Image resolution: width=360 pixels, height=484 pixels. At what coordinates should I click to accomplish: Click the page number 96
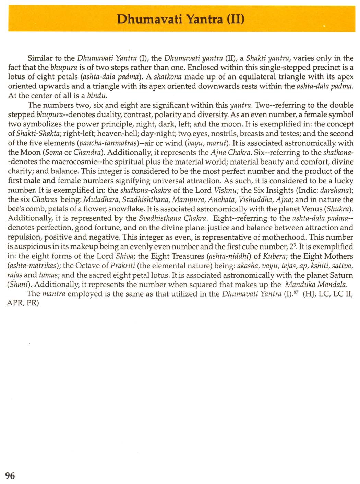[10, 475]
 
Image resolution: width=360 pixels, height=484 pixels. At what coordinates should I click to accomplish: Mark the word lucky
[344, 181]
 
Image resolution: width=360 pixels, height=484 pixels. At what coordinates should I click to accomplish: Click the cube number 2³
[293, 246]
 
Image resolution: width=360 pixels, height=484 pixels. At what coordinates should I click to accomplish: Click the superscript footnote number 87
[295, 292]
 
